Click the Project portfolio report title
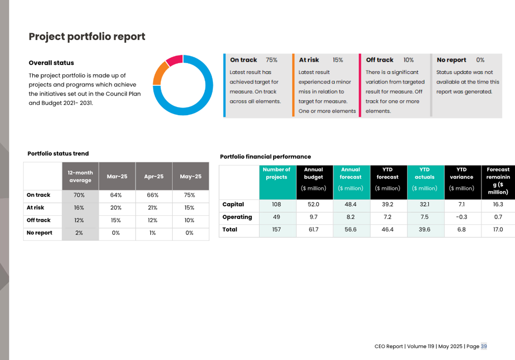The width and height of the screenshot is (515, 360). (x=87, y=36)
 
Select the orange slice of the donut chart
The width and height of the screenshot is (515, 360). (x=160, y=72)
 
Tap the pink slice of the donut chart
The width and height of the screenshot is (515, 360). (x=174, y=60)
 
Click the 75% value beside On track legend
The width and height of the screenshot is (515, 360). (x=271, y=60)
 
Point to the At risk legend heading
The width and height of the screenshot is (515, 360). (x=309, y=60)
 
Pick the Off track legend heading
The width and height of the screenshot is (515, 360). (x=379, y=60)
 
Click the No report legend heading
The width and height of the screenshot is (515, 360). (x=451, y=60)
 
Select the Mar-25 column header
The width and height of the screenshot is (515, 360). (x=117, y=176)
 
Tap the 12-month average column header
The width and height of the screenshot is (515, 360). (x=80, y=176)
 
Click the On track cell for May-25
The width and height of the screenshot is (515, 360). (x=189, y=195)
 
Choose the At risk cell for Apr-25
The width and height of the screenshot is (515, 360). (x=153, y=208)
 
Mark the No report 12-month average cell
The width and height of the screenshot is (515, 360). (x=79, y=233)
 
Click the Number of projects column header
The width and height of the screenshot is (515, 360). (x=276, y=173)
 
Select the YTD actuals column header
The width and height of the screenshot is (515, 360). (x=424, y=173)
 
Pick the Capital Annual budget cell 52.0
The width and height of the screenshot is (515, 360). (x=314, y=204)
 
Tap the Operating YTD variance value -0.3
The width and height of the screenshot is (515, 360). (x=461, y=217)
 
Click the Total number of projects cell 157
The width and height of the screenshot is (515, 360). (x=276, y=230)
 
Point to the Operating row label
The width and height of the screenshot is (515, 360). (x=237, y=217)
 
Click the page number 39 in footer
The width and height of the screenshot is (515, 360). (x=484, y=346)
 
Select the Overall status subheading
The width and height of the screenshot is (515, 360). (x=51, y=63)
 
